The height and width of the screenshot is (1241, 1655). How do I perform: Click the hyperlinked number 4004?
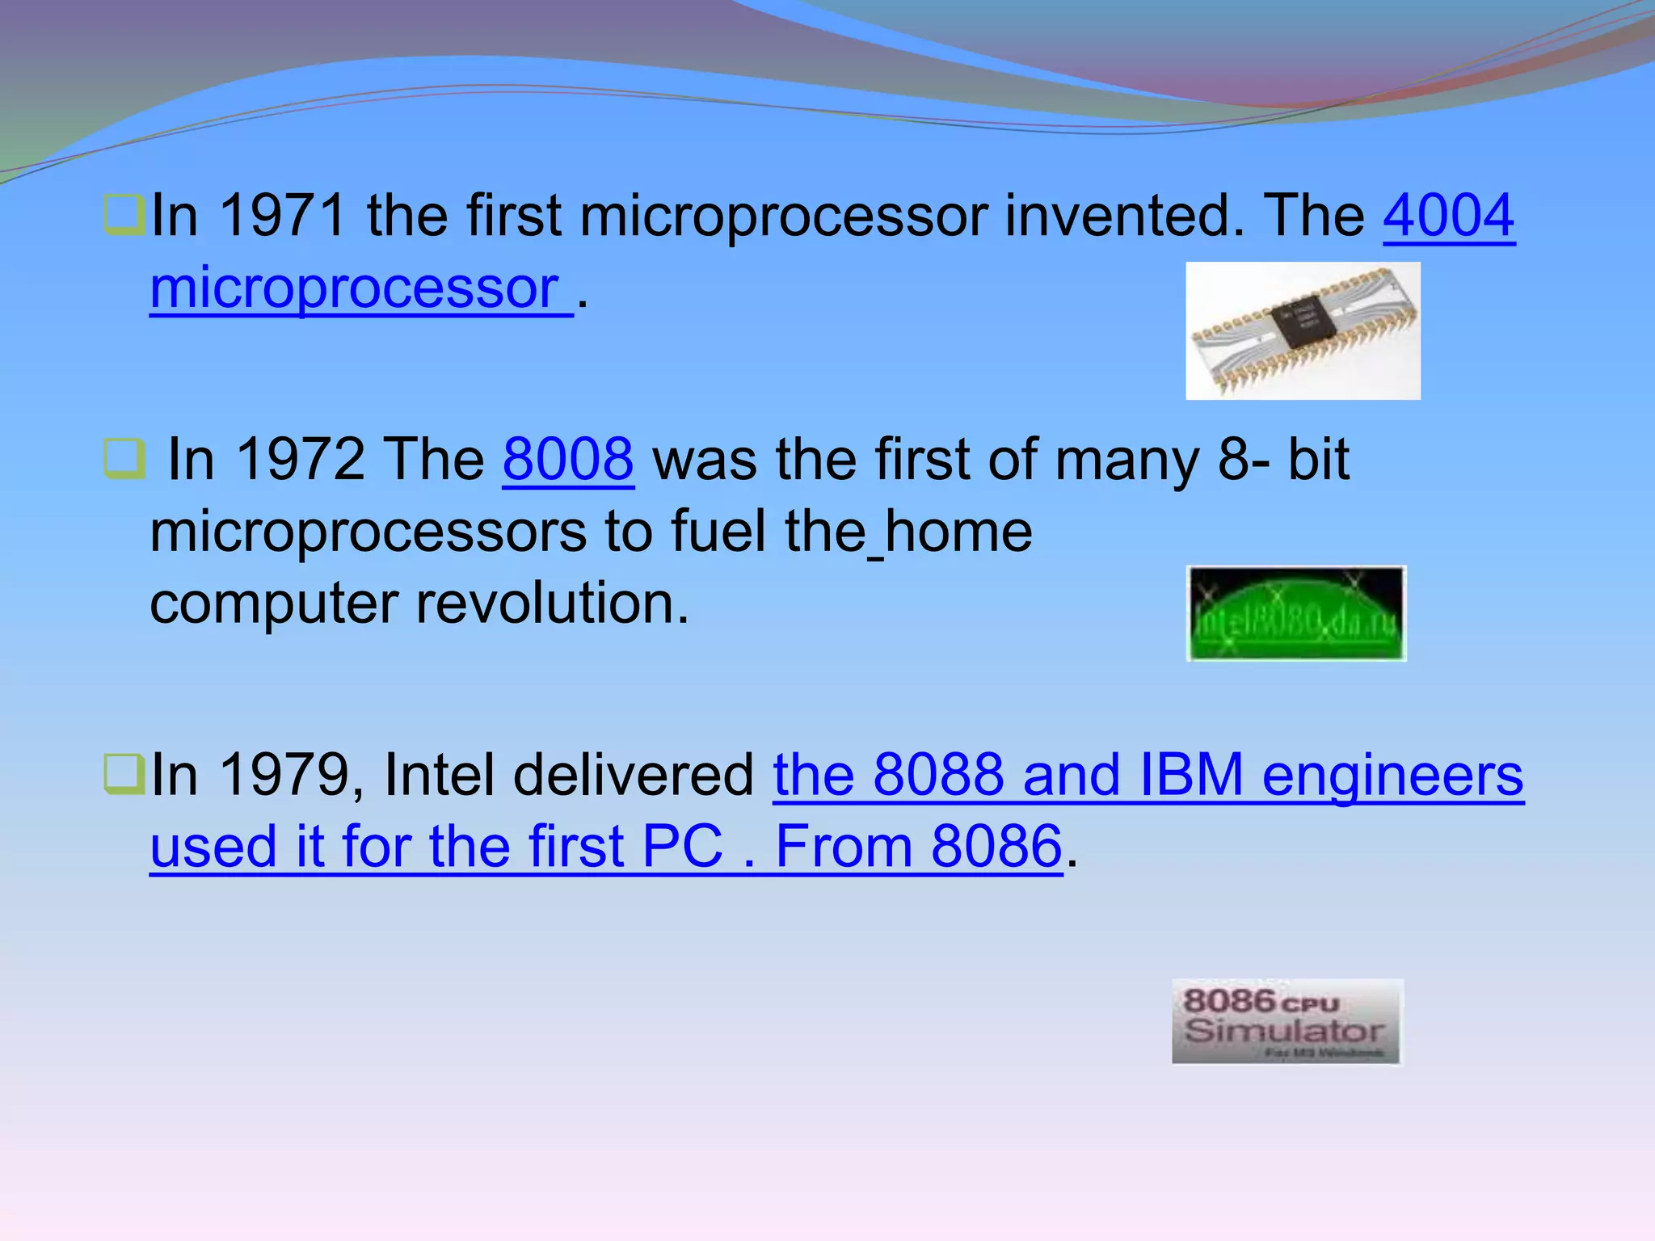click(1448, 216)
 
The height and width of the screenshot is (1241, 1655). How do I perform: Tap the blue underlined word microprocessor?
click(356, 288)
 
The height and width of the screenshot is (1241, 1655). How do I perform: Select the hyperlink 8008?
click(568, 460)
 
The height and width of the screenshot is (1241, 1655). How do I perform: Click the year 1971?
click(283, 216)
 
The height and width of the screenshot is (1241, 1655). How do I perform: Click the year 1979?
click(283, 775)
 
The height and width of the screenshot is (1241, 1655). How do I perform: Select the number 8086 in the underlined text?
click(996, 847)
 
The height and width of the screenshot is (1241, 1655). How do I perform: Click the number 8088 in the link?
click(938, 775)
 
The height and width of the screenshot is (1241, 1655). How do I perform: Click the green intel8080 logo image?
click(1296, 614)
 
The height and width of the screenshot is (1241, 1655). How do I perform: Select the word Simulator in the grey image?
click(1284, 1031)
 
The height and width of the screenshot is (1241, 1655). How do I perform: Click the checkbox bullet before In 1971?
click(124, 215)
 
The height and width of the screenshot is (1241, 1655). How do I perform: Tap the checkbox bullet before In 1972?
click(124, 459)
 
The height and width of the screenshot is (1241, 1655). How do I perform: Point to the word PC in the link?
click(682, 847)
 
